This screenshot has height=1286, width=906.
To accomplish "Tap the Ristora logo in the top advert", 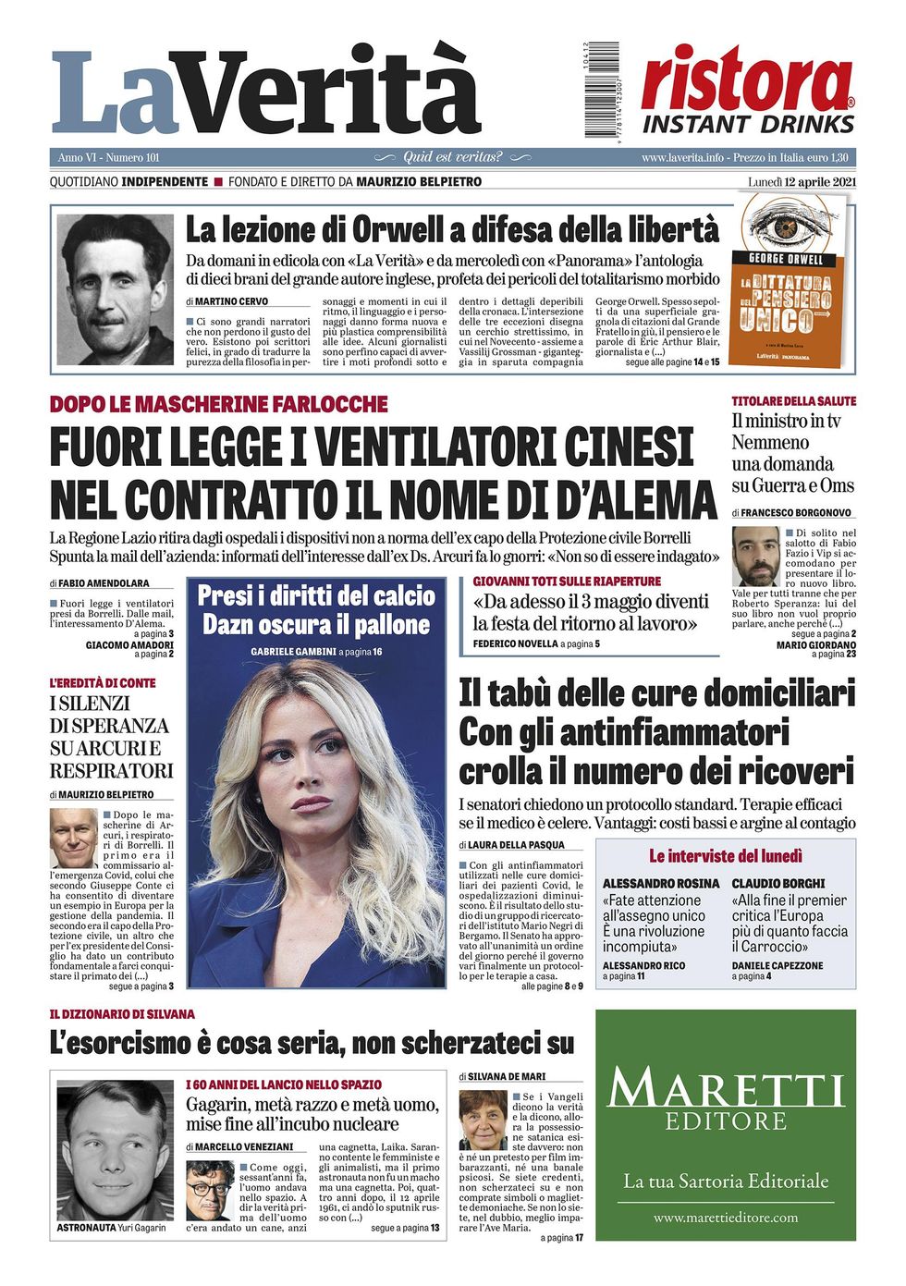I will (747, 81).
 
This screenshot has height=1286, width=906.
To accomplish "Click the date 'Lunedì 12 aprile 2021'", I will (802, 181).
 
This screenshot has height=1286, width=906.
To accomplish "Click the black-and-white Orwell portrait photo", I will (115, 289).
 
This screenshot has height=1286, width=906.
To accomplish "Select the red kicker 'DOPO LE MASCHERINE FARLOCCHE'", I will (218, 404).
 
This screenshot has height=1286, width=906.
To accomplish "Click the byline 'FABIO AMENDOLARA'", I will (116, 583).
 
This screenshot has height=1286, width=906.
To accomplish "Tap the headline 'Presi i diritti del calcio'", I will (316, 594).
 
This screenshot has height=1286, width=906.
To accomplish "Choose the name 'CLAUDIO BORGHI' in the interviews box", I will (777, 883).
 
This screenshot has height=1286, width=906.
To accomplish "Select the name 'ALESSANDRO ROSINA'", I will (660, 883).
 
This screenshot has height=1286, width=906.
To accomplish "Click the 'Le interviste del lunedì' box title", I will (725, 855).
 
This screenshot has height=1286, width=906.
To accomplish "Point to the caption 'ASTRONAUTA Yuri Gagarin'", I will (111, 1228).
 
